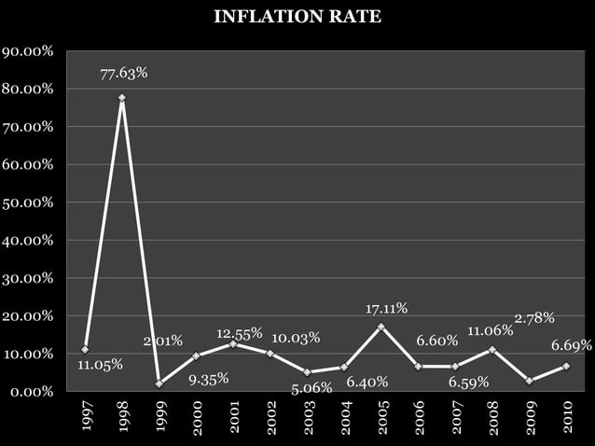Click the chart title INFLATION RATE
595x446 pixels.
297,17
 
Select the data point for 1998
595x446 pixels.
122,98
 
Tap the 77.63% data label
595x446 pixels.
124,72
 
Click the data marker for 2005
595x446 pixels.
381,327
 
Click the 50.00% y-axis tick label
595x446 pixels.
27,202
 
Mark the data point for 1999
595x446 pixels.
159,383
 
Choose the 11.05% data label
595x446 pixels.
100,365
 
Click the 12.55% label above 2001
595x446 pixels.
240,333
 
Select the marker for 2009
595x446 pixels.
529,381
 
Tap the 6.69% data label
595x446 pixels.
571,345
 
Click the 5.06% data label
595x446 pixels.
311,387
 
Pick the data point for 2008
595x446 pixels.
491,350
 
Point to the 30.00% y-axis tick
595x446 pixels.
27,278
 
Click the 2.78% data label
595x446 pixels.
534,318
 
